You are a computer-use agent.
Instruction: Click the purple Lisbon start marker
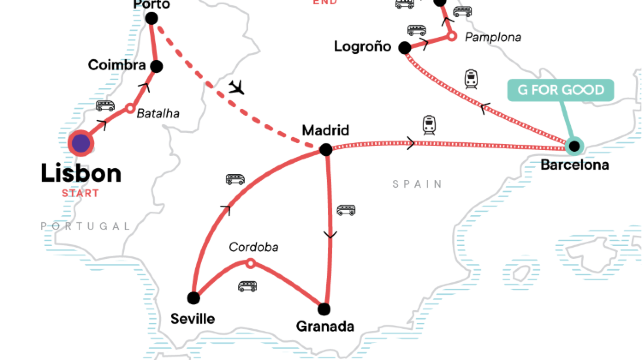[79, 143]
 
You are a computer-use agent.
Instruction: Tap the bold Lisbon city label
[81, 173]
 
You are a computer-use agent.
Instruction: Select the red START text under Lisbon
[80, 192]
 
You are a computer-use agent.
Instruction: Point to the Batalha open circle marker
[129, 107]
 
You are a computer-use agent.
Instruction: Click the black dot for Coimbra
[156, 66]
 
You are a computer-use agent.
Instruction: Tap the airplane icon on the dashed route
[236, 86]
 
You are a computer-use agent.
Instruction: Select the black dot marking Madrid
[325, 150]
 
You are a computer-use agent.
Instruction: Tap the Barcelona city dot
[574, 146]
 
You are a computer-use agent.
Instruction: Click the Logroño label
[364, 47]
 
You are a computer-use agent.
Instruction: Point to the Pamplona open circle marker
[451, 36]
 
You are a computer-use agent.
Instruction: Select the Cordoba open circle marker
[250, 264]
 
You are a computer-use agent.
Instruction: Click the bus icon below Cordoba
[246, 286]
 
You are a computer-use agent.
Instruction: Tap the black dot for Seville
[194, 297]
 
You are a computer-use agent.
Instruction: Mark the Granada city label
[325, 326]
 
